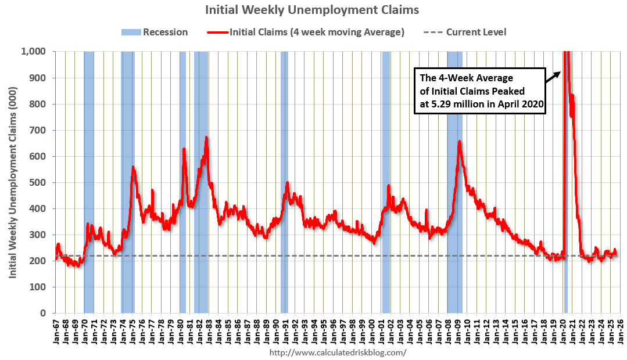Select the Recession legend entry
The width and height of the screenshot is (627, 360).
[155, 32]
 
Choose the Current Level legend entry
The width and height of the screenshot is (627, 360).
[476, 32]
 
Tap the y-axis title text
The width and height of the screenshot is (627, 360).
[12, 182]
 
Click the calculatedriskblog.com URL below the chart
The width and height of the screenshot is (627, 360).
[338, 352]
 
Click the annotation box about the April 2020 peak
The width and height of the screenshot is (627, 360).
[479, 91]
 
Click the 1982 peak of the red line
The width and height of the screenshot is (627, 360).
[206, 138]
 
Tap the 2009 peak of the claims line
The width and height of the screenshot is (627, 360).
[460, 142]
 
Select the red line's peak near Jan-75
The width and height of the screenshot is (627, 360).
[133, 167]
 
